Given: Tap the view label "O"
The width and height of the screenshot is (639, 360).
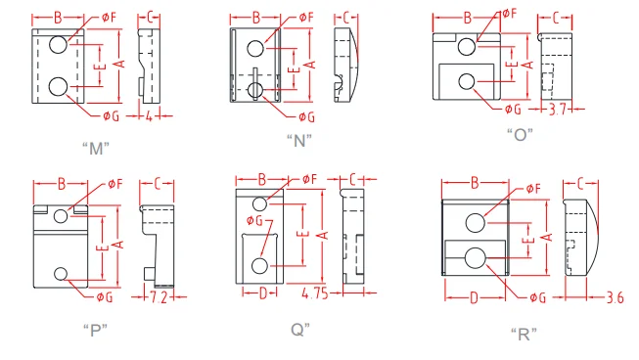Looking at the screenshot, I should (520, 134).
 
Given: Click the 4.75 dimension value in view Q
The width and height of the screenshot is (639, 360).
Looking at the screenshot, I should (315, 292).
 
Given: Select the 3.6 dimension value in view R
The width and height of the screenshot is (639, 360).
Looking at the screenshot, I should (615, 297).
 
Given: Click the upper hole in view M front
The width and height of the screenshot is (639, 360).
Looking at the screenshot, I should (58, 44).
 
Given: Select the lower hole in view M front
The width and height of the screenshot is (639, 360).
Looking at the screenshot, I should (58, 86).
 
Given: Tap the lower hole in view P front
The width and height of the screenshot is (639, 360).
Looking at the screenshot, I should (62, 273).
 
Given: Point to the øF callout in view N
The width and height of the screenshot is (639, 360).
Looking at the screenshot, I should (305, 18).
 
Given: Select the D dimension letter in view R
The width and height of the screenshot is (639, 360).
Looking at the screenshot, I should (475, 296).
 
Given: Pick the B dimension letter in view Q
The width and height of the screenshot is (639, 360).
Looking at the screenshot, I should (262, 179).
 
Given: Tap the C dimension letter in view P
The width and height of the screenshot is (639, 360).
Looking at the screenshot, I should (157, 183).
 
